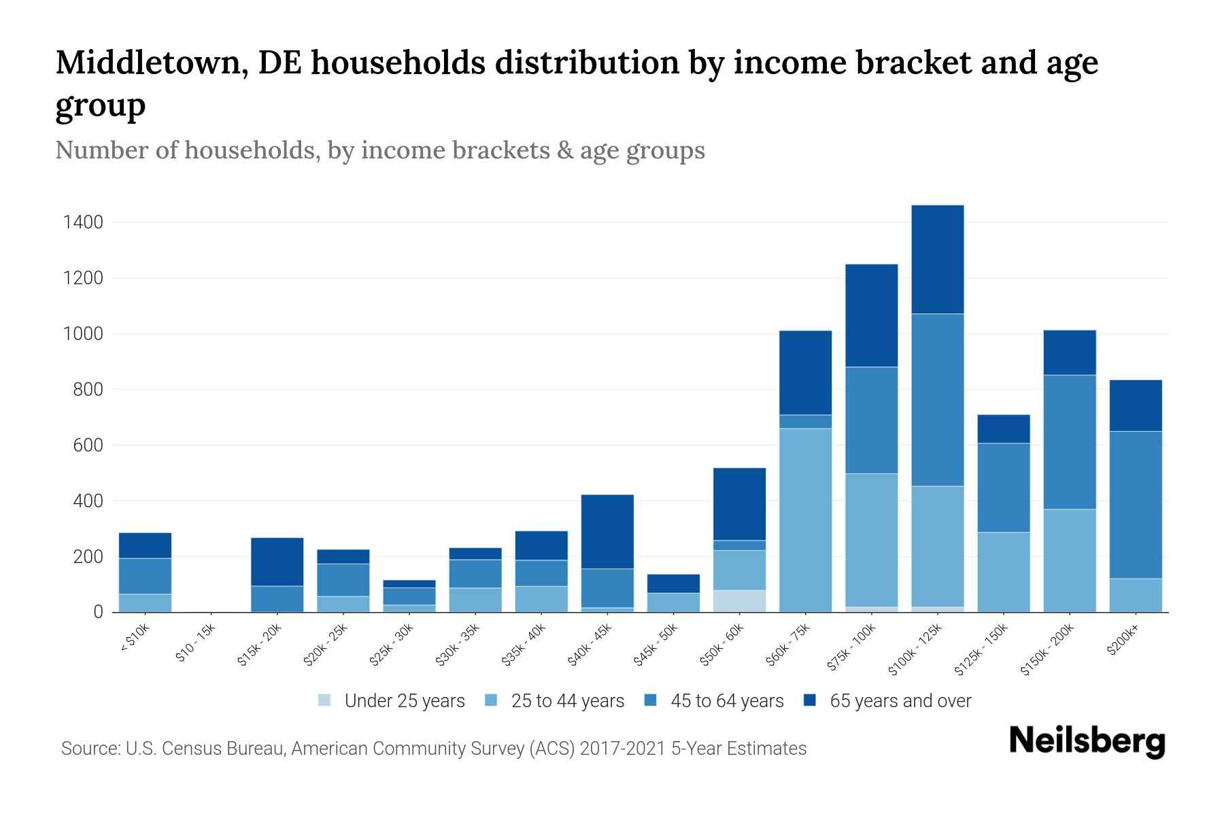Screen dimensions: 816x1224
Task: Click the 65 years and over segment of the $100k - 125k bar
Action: tap(938, 259)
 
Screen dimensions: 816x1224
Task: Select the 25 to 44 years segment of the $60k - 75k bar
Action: tap(805, 520)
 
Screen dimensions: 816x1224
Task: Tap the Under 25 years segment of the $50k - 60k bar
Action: tap(739, 601)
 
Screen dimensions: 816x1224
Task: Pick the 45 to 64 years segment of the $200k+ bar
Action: tap(1136, 505)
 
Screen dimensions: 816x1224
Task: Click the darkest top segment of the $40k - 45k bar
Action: tap(607, 531)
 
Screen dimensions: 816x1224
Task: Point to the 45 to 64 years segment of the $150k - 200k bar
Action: tap(1070, 442)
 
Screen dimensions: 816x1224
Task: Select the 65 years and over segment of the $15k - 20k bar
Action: tap(277, 562)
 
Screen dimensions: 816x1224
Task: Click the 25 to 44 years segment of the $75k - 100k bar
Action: tap(871, 540)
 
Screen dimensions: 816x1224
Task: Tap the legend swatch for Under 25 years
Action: tap(325, 700)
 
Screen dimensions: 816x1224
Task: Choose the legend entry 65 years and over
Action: tap(900, 701)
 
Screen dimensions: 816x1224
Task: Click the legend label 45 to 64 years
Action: tap(727, 701)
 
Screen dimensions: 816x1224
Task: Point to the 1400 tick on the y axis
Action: tap(83, 222)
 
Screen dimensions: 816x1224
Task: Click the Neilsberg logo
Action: tap(1087, 741)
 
